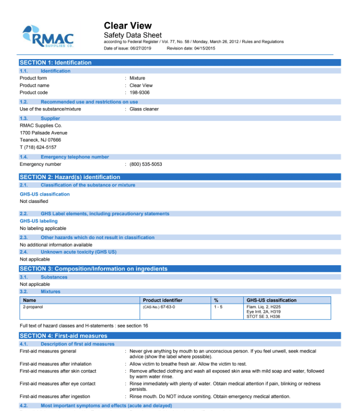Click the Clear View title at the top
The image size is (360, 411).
127,26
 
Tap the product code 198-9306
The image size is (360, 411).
139,92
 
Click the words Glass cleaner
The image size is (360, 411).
144,109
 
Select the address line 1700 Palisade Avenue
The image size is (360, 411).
43,133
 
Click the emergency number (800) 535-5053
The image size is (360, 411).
145,164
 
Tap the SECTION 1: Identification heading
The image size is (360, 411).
55,62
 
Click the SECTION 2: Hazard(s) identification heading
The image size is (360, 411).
70,177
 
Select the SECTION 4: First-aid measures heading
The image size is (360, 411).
63,336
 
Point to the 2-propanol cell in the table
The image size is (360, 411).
33,307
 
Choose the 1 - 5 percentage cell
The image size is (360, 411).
218,307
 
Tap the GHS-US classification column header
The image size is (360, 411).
271,300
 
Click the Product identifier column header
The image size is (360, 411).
163,300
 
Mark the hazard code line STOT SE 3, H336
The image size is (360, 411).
263,316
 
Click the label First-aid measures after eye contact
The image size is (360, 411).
57,383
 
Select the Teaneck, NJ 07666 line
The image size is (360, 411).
40,140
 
